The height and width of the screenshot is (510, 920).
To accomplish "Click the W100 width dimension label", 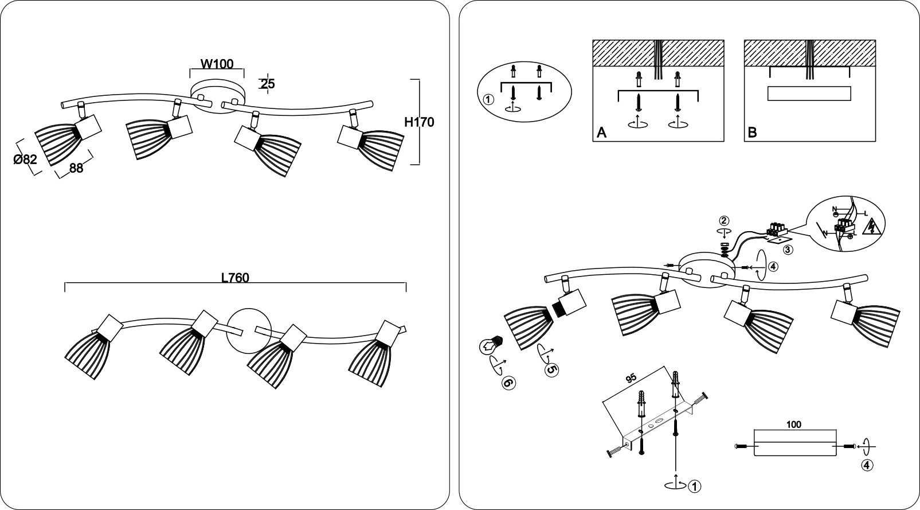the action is [217, 64].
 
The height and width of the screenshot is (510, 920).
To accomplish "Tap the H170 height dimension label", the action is [419, 122].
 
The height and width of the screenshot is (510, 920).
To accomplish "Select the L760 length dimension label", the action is [235, 278].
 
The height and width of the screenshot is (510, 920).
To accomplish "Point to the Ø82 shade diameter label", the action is [25, 159].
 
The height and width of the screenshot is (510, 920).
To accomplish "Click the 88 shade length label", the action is [76, 168].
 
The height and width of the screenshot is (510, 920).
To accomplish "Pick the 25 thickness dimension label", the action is [267, 84].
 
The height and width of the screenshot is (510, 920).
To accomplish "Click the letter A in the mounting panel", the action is [601, 133].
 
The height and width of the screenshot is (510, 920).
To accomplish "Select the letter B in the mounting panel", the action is [753, 133].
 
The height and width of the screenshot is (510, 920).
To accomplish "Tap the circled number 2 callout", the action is [724, 221].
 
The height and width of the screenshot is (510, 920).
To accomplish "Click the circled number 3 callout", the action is [788, 250].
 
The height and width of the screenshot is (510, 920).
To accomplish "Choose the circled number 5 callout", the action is [551, 370].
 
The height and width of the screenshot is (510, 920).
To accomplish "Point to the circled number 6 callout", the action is [509, 383].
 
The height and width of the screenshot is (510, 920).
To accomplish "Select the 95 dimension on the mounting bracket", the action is [631, 379].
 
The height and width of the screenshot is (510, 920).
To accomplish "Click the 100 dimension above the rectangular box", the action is [793, 425].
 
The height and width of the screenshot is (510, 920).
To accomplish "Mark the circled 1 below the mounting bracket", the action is [694, 486].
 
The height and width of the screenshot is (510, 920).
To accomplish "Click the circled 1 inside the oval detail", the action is [488, 99].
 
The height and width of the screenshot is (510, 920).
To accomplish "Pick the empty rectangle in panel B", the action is [809, 94].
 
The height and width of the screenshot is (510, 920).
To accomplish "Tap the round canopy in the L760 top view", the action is [249, 330].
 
